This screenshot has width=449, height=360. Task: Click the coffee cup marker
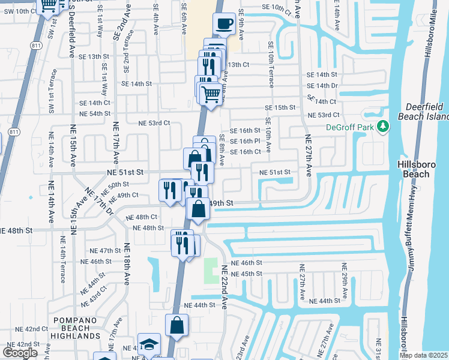pyautogui.click(x=224, y=24)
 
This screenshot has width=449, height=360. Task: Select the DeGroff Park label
pyautogui.click(x=350, y=127)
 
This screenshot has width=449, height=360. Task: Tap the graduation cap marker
pyautogui.click(x=149, y=345)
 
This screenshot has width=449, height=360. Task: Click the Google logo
pyautogui.click(x=20, y=353)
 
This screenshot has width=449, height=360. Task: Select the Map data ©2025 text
pyautogui.click(x=423, y=355)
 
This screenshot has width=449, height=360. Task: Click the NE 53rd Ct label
pyautogui.click(x=154, y=123)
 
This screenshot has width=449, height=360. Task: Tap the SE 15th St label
pyautogui.click(x=281, y=107)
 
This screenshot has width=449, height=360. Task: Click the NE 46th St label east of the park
pyautogui.click(x=251, y=263)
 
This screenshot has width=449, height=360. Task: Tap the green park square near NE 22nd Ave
pyautogui.click(x=211, y=271)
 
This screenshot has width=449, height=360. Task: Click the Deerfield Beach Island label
pyautogui.click(x=423, y=112)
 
